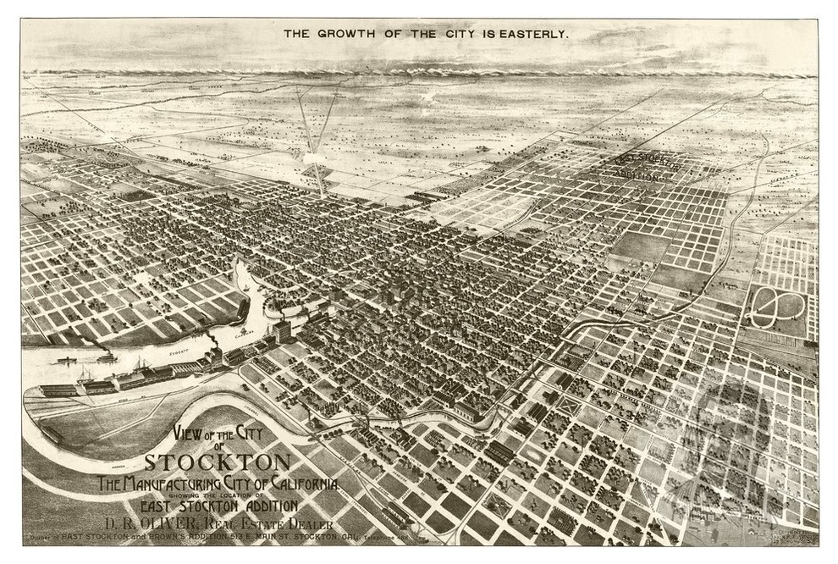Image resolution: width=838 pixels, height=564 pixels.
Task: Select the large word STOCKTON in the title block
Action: coord(218,463)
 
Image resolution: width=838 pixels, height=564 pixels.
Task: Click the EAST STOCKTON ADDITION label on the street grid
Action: coord(648,168)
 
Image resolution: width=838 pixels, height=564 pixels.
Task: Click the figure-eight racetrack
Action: coord(777,307)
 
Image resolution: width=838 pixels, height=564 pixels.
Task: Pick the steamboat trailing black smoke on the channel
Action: coord(108,357)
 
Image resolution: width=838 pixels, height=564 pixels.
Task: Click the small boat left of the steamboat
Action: coord(64,361)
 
